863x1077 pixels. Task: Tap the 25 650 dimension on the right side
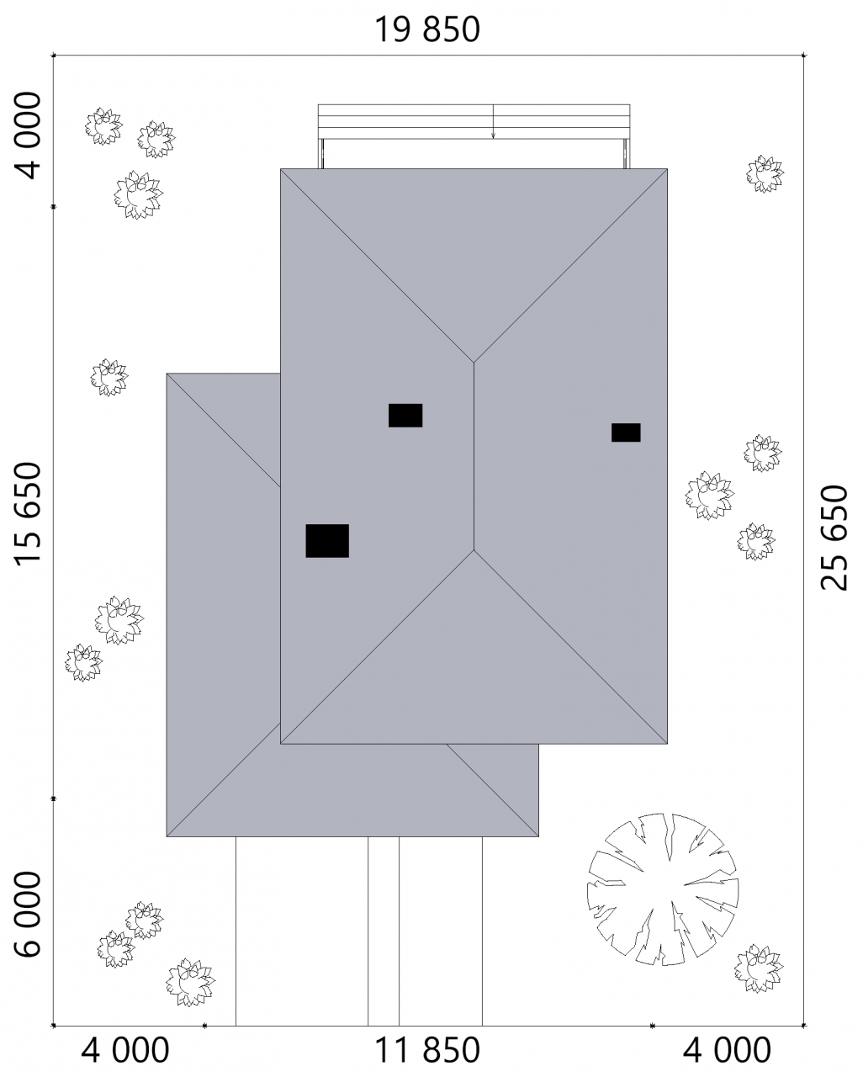[834, 538]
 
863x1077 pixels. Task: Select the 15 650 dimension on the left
[27, 514]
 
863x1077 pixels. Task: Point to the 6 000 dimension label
[27, 914]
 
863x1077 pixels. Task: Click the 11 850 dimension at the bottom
[426, 1050]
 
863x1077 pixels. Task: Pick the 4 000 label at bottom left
[125, 1050]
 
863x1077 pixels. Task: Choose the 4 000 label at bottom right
[727, 1050]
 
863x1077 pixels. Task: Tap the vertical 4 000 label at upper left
[27, 135]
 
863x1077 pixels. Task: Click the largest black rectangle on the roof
[327, 540]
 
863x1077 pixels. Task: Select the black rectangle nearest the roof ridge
[405, 416]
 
